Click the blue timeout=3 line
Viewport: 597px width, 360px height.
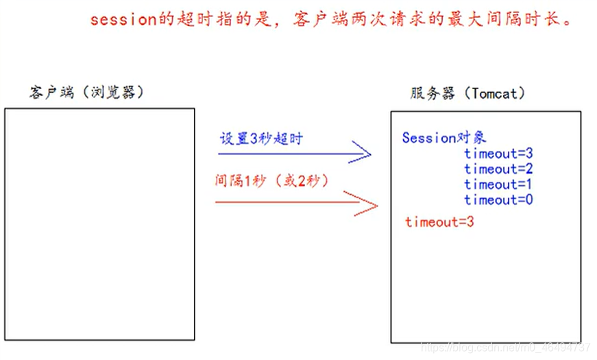tap(498, 154)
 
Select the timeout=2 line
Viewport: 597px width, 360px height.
tap(498, 169)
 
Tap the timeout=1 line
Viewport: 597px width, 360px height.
tap(498, 184)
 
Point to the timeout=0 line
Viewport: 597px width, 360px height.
tap(498, 200)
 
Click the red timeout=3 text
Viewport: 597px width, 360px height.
tap(439, 222)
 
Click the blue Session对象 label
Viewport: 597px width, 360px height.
tap(444, 138)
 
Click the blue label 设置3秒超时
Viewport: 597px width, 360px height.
tap(261, 138)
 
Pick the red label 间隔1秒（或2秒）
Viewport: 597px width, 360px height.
tap(272, 181)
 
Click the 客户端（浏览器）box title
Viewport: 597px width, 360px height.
tap(87, 93)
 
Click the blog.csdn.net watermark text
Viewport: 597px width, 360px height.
tap(506, 348)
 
